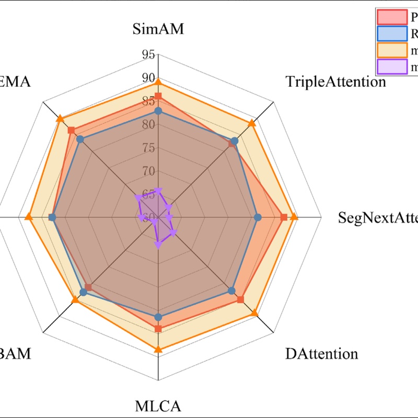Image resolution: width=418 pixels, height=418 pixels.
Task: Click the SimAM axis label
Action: pos(158,29)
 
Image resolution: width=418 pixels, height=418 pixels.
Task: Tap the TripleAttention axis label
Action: pos(335,82)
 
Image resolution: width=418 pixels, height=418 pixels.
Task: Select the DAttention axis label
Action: pos(321,354)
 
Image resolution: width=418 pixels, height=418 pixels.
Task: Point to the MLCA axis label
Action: pos(158,406)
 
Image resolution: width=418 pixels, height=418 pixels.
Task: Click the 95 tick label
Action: pos(148,54)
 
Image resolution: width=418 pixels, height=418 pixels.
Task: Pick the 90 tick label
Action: pos(148,78)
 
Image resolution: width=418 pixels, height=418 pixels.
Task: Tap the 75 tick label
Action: pos(148,148)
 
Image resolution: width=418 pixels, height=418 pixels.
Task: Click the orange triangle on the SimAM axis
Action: pos(158,82)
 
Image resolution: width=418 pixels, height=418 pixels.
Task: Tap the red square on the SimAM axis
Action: pos(158,97)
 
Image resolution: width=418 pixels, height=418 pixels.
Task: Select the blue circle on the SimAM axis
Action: pos(158,111)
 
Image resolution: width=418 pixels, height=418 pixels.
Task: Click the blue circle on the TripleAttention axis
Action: pos(235,141)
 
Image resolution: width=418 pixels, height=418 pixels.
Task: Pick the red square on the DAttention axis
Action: pos(240,299)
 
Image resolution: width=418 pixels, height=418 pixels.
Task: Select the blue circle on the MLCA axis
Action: pos(158,317)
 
